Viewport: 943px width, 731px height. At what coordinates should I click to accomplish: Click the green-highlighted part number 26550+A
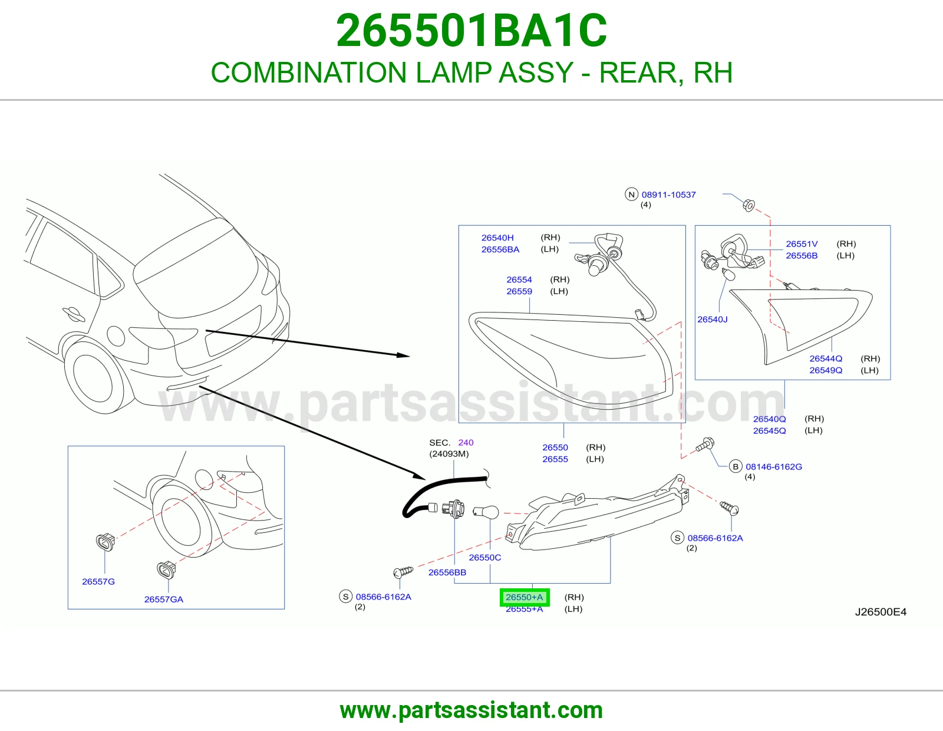(524, 597)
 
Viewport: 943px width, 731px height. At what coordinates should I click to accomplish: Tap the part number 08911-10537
(668, 195)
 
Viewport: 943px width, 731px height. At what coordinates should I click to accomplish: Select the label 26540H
(497, 238)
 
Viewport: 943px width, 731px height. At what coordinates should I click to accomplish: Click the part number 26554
(519, 280)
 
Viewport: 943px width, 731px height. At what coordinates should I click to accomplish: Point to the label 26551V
(802, 244)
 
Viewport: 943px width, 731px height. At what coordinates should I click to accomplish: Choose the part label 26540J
(712, 320)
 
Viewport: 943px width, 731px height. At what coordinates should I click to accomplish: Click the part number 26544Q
(825, 358)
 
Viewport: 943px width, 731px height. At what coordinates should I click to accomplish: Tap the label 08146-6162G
(774, 467)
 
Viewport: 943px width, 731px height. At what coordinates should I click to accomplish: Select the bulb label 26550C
(484, 557)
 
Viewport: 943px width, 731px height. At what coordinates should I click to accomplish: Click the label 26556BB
(447, 572)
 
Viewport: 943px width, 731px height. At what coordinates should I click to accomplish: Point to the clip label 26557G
(98, 582)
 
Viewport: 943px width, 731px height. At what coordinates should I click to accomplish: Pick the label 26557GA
(164, 600)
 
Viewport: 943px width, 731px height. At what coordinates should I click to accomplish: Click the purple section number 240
(466, 442)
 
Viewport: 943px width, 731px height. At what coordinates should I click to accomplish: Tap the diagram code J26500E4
(881, 612)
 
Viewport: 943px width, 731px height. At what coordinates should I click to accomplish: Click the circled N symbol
(631, 195)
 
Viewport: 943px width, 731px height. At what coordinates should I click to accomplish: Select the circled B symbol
(735, 467)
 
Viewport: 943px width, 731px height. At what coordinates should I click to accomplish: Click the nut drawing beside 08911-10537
(749, 205)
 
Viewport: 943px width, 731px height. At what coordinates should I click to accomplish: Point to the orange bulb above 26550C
(486, 513)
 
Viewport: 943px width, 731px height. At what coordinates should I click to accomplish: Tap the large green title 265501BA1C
(471, 31)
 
